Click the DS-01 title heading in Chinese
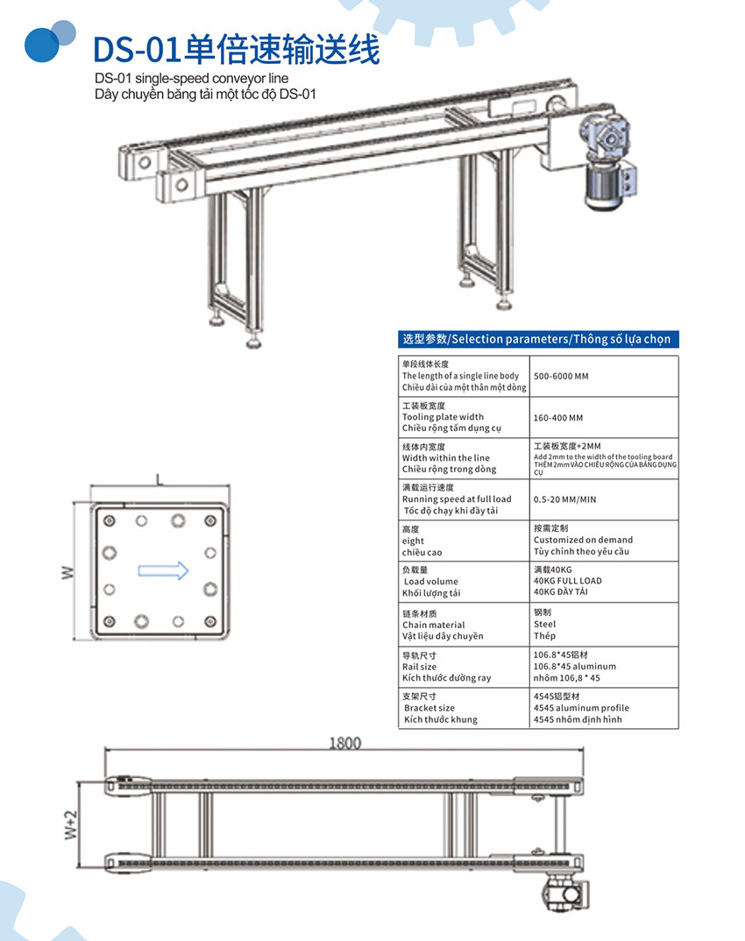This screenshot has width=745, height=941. (237, 49)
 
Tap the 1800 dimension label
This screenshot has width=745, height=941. (344, 744)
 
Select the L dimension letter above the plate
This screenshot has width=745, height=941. (159, 480)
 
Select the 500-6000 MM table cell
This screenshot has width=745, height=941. (561, 376)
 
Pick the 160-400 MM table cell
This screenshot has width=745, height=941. (557, 418)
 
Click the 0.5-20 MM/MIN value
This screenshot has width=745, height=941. (564, 499)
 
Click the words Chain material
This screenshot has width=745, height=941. (433, 625)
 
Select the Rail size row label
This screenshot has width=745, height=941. (419, 667)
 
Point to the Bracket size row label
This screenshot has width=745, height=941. (429, 708)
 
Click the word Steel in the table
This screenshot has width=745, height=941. (544, 625)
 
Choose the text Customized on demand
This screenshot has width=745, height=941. (583, 540)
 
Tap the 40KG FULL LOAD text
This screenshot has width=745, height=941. (567, 581)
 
